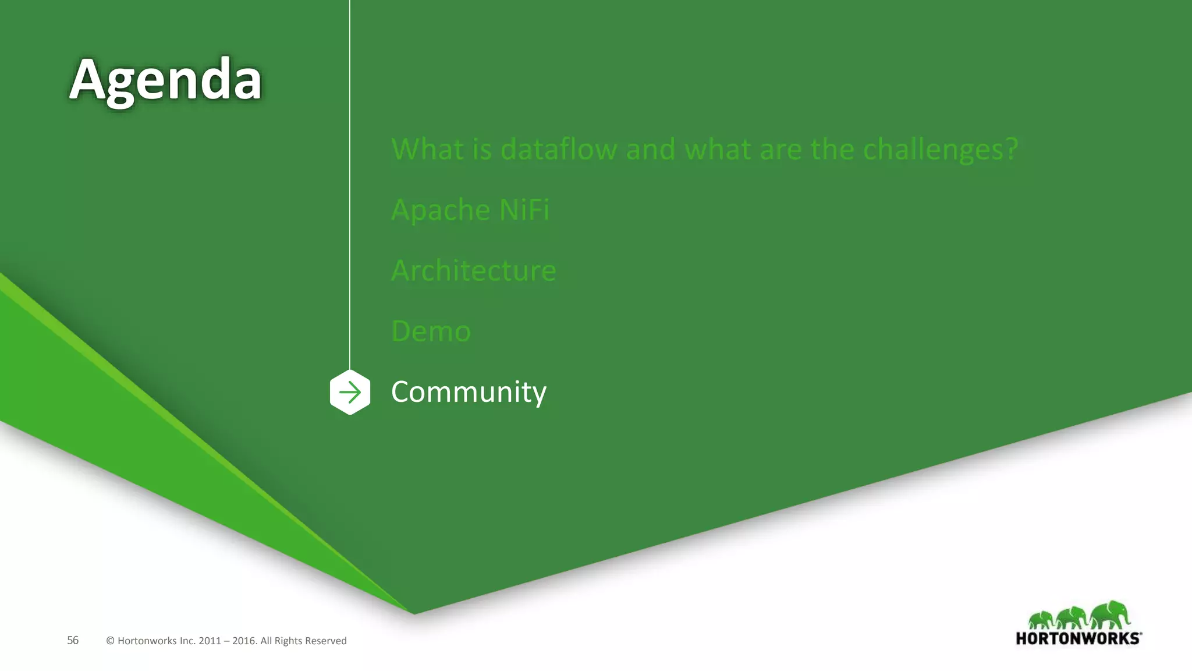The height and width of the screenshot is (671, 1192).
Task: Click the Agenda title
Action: (165, 80)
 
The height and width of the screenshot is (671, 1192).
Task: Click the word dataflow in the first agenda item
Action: (558, 149)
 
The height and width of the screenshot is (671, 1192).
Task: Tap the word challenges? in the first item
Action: (940, 150)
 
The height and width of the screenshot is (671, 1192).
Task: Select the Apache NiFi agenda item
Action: (470, 210)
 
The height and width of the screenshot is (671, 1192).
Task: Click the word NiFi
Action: (524, 210)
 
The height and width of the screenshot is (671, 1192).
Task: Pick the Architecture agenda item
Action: (473, 270)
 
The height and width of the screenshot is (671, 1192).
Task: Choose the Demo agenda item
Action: (431, 331)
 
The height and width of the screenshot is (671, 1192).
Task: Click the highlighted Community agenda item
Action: (469, 392)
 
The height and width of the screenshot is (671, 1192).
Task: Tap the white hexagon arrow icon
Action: (350, 392)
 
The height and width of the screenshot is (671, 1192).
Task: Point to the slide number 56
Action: (73, 640)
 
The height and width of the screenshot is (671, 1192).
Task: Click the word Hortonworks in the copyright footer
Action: (147, 641)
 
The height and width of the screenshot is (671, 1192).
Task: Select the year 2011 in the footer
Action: (210, 641)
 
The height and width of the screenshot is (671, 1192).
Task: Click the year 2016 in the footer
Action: (244, 641)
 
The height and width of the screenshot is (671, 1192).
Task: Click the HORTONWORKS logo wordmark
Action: (1078, 638)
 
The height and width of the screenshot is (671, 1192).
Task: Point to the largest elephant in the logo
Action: (1111, 615)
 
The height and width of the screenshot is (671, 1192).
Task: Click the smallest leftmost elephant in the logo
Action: (1042, 620)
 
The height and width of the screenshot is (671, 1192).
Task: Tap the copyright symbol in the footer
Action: (110, 641)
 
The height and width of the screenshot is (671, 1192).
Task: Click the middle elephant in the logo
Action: (1072, 617)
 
